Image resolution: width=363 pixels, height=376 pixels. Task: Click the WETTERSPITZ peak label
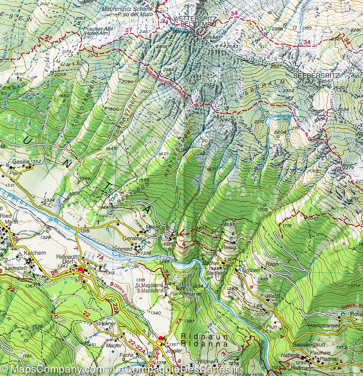(194, 18)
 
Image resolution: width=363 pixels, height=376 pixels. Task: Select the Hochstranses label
(324, 326)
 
